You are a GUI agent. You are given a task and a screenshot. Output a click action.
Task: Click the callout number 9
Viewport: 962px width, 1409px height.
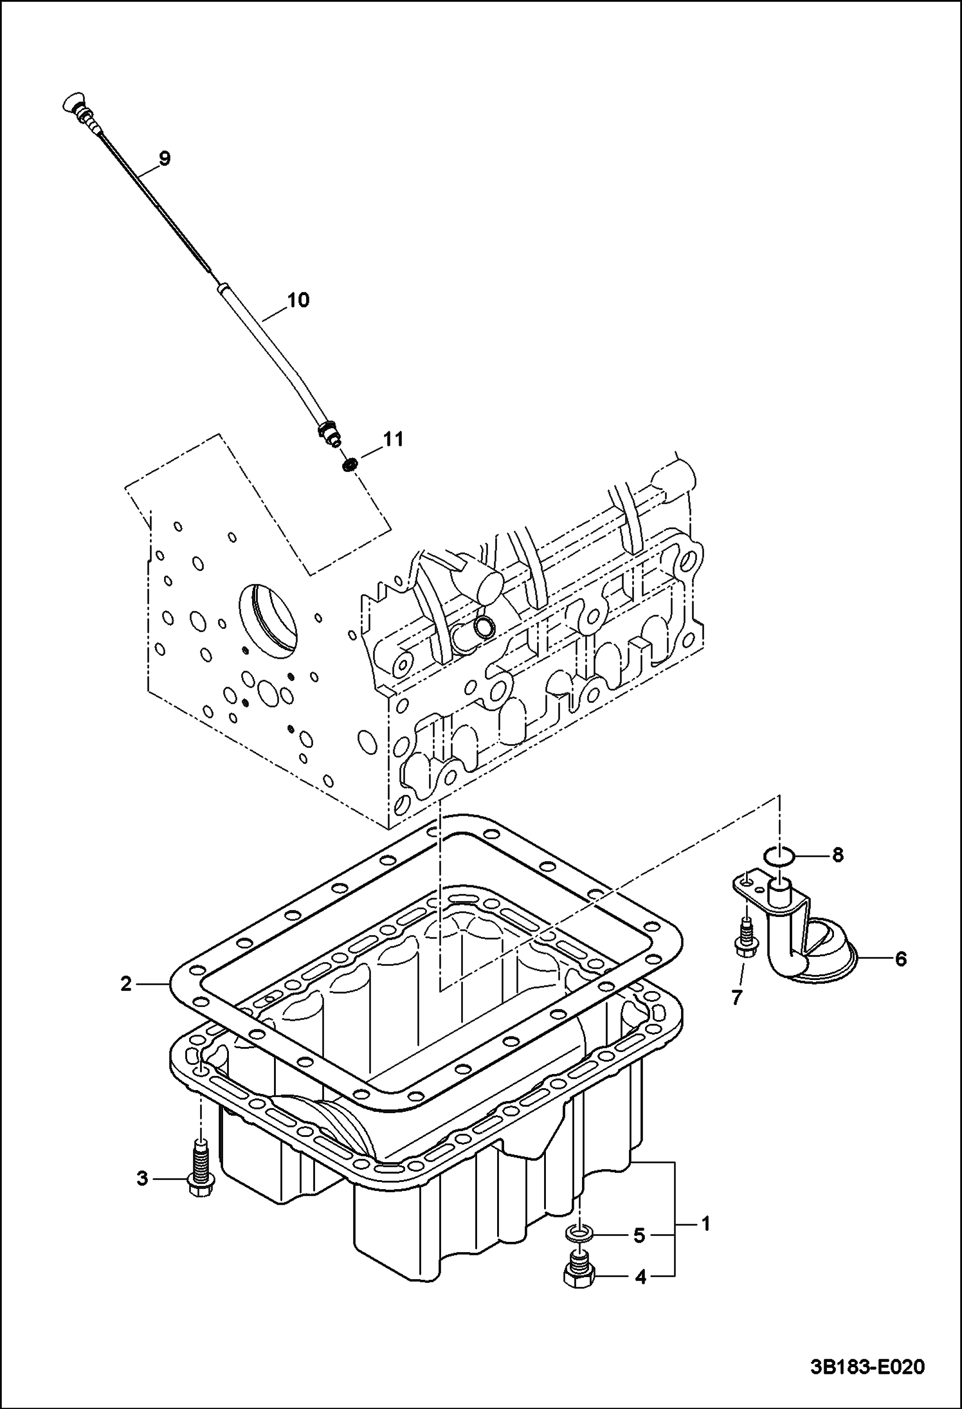pyautogui.click(x=164, y=158)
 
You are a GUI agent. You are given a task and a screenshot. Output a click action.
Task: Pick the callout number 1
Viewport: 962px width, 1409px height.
pyautogui.click(x=705, y=1224)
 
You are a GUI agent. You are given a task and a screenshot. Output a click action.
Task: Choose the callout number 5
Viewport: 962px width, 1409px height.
pyautogui.click(x=639, y=1235)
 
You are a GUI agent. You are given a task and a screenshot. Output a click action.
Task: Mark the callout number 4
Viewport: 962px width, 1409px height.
pyautogui.click(x=640, y=1277)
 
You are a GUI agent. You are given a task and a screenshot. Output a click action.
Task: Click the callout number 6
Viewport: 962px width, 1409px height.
pyautogui.click(x=900, y=959)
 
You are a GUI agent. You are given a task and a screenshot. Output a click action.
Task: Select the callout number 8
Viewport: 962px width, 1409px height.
pyautogui.click(x=837, y=855)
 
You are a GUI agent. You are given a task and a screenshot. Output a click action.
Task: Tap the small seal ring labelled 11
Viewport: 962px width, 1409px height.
pyautogui.click(x=350, y=464)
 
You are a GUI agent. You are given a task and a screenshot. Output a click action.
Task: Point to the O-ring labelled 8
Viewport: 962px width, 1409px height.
pyautogui.click(x=779, y=856)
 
